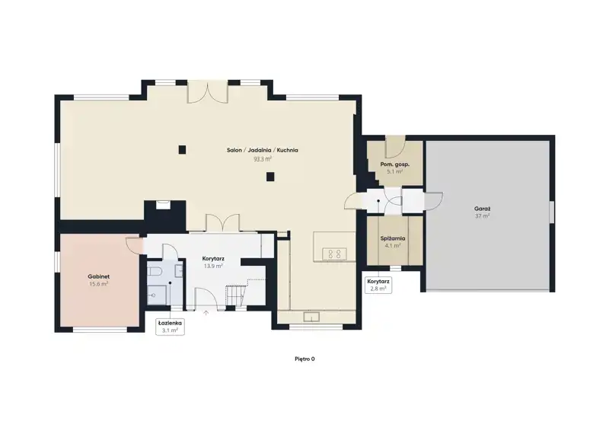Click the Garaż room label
482,209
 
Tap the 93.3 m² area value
263,158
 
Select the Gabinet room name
99,276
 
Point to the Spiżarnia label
393,238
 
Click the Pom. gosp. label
394,164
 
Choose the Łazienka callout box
170,327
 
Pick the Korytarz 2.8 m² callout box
378,285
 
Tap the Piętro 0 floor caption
304,359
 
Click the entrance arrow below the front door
206,312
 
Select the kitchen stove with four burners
334,254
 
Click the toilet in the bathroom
154,271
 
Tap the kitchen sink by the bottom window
311,317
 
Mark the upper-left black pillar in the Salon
182,149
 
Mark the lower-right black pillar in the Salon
270,177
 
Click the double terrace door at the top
207,92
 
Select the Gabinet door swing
132,245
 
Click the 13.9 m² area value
213,267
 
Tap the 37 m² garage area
482,215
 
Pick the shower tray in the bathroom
157,295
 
